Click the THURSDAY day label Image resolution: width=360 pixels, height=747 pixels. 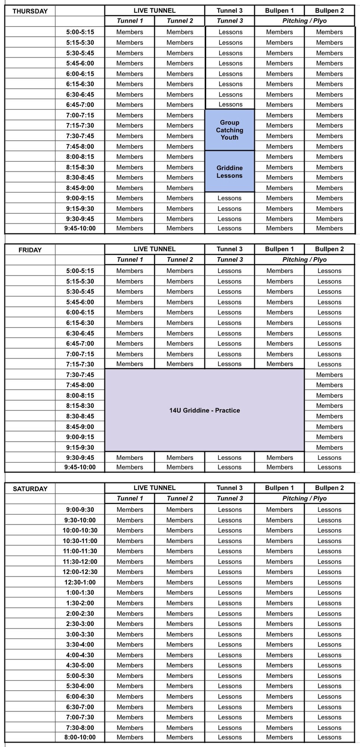(30, 11)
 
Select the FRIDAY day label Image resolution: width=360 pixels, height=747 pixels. (30, 250)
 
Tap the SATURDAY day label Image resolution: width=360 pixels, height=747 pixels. (30, 489)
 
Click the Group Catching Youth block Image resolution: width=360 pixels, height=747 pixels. (229, 130)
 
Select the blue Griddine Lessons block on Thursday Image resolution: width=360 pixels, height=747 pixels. (229, 172)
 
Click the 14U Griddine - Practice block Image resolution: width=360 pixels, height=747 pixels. (204, 410)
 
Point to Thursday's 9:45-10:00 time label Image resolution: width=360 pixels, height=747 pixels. (80, 228)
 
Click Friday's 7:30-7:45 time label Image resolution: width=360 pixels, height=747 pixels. (80, 375)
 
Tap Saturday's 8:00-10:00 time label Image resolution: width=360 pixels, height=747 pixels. (80, 737)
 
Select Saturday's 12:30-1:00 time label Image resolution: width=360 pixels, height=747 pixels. (80, 582)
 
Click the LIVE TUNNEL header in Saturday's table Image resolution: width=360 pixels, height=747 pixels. (154, 488)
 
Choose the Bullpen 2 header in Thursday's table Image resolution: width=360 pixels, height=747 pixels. (329, 10)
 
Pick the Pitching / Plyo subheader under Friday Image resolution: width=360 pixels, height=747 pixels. (304, 260)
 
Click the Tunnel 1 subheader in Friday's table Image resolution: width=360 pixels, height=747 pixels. (130, 260)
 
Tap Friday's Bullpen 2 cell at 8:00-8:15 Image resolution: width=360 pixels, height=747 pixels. (329, 395)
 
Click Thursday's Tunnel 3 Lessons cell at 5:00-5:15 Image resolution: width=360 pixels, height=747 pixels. (230, 32)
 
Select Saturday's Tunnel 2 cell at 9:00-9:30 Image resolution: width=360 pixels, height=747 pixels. (180, 509)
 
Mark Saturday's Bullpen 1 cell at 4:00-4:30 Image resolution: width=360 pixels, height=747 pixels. (279, 655)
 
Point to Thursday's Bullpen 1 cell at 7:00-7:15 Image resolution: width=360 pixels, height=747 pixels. (279, 115)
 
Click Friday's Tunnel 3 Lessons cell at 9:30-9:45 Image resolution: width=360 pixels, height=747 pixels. (229, 458)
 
